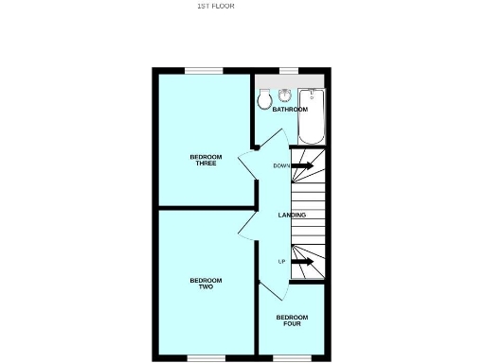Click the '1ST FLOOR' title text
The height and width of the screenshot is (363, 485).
pos(215,6)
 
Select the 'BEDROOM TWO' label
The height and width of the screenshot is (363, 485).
pos(206,283)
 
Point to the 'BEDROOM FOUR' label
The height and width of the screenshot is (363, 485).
pos(291,320)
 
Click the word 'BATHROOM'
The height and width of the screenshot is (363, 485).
pos(290,110)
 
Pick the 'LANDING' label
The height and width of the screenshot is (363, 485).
pos(292,216)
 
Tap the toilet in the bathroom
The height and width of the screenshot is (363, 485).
pos(262,99)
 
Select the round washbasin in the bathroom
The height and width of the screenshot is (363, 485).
pos(284,95)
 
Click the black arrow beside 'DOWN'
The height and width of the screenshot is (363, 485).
pos(302,165)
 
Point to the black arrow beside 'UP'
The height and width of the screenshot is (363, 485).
pos(302,261)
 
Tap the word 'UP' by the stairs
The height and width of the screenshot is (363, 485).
pos(281,261)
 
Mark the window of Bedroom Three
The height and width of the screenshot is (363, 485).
pos(204,69)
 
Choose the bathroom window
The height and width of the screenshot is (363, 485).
pos(286,69)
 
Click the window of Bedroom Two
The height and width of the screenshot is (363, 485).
pos(206,357)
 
